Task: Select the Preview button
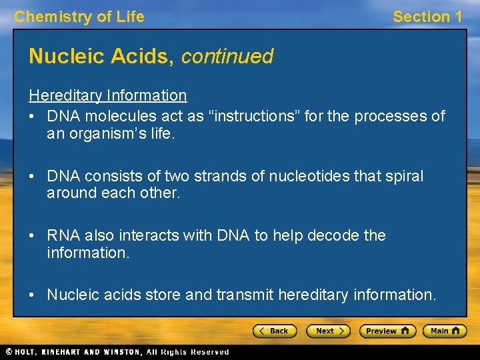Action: point(387,331)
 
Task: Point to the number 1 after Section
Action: point(457,17)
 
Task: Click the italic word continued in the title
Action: point(227,57)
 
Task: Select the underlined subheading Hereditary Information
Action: point(107,95)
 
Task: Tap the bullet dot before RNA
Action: point(32,235)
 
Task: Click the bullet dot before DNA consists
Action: point(32,176)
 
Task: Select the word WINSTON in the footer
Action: point(121,351)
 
